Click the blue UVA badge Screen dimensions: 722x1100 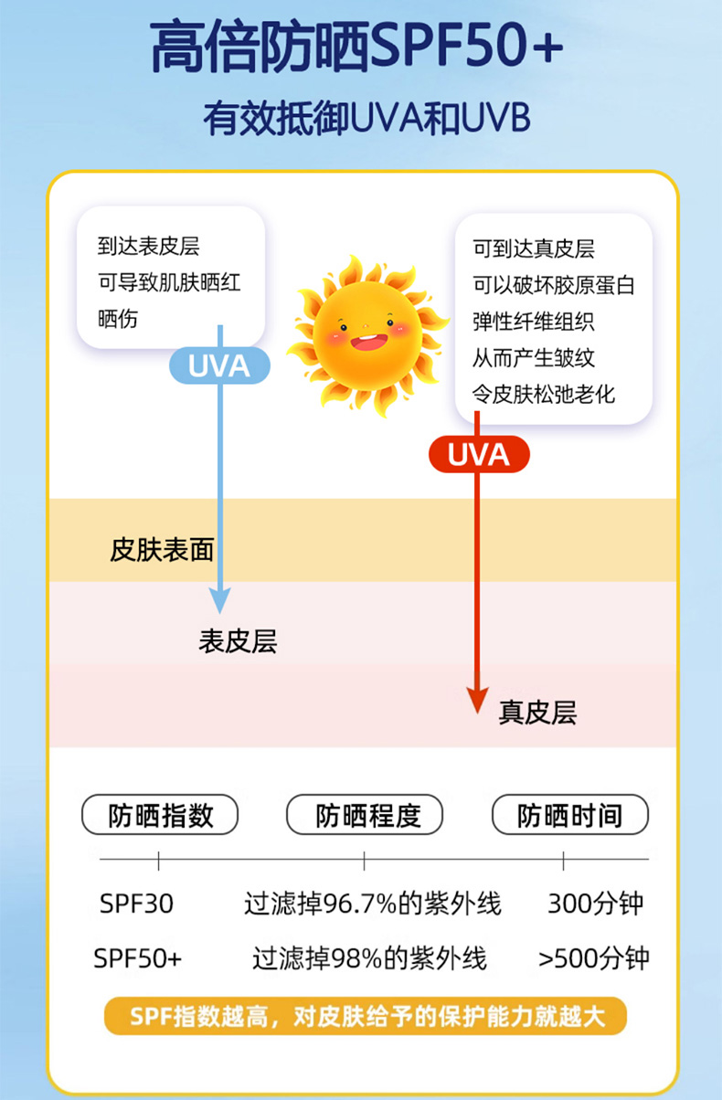(x=219, y=365)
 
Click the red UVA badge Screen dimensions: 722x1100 (x=478, y=454)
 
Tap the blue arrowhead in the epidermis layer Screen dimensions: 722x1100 (x=219, y=600)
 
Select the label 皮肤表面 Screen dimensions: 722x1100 (x=162, y=549)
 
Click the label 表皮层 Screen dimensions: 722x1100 (x=238, y=641)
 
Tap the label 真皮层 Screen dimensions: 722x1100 (x=537, y=713)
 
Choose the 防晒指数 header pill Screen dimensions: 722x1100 (x=160, y=815)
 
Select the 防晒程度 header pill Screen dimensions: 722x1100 (x=365, y=815)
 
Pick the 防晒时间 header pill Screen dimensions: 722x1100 (x=570, y=815)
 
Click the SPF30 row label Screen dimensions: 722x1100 (x=136, y=904)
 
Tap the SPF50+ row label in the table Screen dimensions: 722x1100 (x=138, y=959)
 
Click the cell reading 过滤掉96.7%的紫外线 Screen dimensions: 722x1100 (x=373, y=904)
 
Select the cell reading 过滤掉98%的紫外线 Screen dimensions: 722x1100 (x=369, y=959)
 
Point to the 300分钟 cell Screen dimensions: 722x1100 (x=596, y=904)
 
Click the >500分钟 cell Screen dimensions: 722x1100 (x=594, y=959)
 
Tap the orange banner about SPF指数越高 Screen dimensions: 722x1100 (x=366, y=1016)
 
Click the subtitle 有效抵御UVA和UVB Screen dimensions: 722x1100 (x=366, y=120)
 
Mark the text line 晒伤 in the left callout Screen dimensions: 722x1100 (x=118, y=319)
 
